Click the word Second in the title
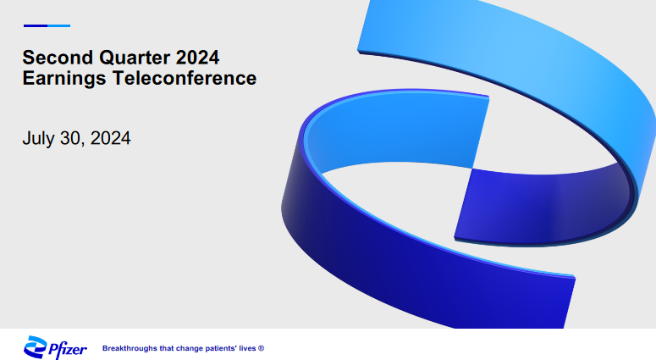point(58,58)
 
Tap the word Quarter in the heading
point(135,58)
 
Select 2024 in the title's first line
point(197,58)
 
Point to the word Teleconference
point(185,78)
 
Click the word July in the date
point(38,139)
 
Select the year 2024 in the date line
point(110,138)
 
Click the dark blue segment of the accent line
point(36,26)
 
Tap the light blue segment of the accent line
point(59,26)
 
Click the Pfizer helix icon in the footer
point(36,347)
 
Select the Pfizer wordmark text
point(68,349)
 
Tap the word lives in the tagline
point(247,348)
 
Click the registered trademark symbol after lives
point(261,348)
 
